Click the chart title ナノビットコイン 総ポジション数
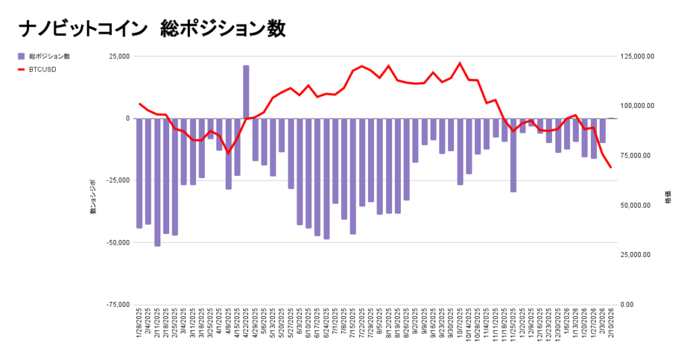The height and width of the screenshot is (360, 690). tap(152, 29)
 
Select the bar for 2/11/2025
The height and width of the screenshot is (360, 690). tap(157, 182)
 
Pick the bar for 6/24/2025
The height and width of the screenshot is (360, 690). tap(327, 179)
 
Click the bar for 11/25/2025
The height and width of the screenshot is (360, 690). tap(513, 155)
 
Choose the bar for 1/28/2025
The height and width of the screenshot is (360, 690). tap(139, 173)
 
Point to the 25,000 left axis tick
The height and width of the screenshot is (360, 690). tap(119, 57)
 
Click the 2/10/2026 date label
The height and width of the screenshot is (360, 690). tap(611, 327)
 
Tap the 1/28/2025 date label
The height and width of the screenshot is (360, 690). tap(139, 327)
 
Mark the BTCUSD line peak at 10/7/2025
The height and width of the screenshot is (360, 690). tap(460, 63)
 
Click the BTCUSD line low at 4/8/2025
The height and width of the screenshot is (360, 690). tap(228, 153)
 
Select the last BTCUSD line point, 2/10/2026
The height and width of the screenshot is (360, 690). tap(610, 167)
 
